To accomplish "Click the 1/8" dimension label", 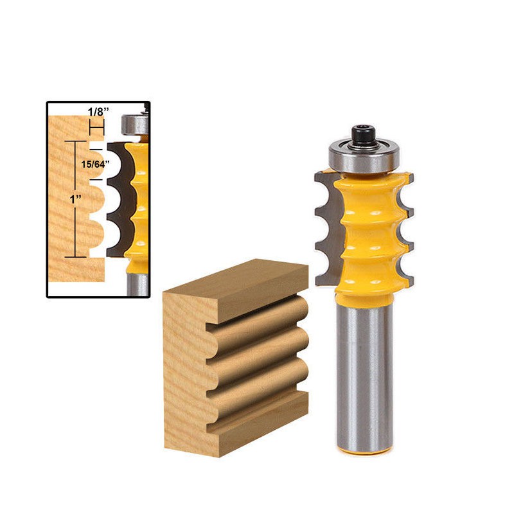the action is pyautogui.click(x=98, y=112).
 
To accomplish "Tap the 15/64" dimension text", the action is pyautogui.click(x=95, y=164).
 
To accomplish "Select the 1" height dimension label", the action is pyautogui.click(x=75, y=199).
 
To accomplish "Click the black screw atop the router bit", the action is pyautogui.click(x=363, y=135).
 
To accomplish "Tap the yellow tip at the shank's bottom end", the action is pyautogui.click(x=364, y=450).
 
